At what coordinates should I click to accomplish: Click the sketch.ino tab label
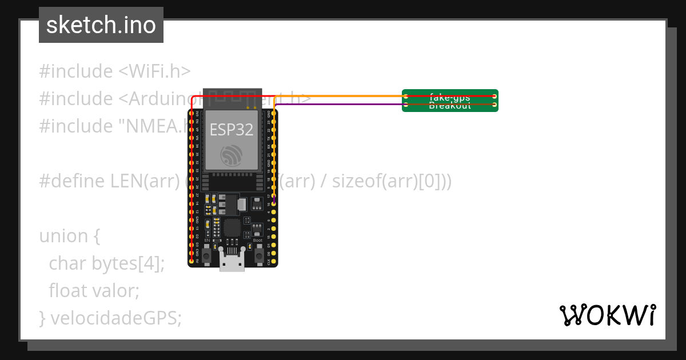[x=101, y=25]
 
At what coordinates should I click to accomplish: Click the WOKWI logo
[x=607, y=315]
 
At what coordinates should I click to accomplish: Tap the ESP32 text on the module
[x=232, y=130]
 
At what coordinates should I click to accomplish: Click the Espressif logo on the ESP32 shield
[x=232, y=155]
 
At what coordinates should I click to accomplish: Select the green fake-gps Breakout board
[x=450, y=101]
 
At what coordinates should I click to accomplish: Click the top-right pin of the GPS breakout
[x=494, y=97]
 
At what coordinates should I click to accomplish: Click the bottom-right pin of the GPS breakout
[x=494, y=105]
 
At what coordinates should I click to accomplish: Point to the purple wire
[x=343, y=105]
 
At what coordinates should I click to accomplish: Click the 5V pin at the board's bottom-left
[x=192, y=261]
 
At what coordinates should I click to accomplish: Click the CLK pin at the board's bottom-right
[x=274, y=261]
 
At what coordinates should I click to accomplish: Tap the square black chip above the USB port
[x=232, y=227]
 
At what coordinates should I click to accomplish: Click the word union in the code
[x=63, y=236]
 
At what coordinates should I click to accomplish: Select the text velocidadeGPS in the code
[x=116, y=318]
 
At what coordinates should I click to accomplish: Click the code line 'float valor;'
[x=94, y=291]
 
